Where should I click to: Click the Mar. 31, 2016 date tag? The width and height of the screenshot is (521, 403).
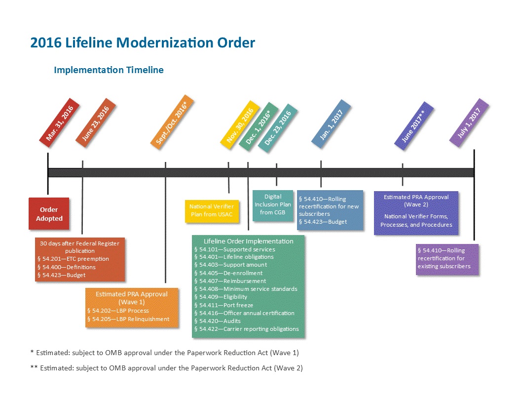click(60, 122)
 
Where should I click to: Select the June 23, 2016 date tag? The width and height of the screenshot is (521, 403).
click(96, 122)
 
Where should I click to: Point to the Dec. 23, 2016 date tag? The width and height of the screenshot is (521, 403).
click(278, 128)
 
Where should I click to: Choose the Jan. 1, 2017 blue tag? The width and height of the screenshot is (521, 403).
click(331, 124)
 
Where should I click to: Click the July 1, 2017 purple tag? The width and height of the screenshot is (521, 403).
click(469, 122)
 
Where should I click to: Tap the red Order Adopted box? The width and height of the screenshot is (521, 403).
click(49, 214)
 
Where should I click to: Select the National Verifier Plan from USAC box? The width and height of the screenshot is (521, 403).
click(212, 210)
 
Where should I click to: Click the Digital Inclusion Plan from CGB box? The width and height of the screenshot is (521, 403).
click(273, 205)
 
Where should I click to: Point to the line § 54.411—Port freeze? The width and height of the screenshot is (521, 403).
click(223, 305)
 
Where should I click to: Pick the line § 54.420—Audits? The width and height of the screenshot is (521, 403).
click(217, 321)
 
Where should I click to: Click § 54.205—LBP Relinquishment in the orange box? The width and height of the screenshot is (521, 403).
click(128, 319)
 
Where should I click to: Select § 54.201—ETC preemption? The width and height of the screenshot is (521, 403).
click(73, 259)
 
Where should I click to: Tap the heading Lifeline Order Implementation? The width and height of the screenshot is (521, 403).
click(249, 241)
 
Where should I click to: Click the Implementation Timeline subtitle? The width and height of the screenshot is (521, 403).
click(109, 70)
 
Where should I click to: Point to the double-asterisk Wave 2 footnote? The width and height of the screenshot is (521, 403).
click(166, 368)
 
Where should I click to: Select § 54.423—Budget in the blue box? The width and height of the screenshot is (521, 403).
click(323, 222)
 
